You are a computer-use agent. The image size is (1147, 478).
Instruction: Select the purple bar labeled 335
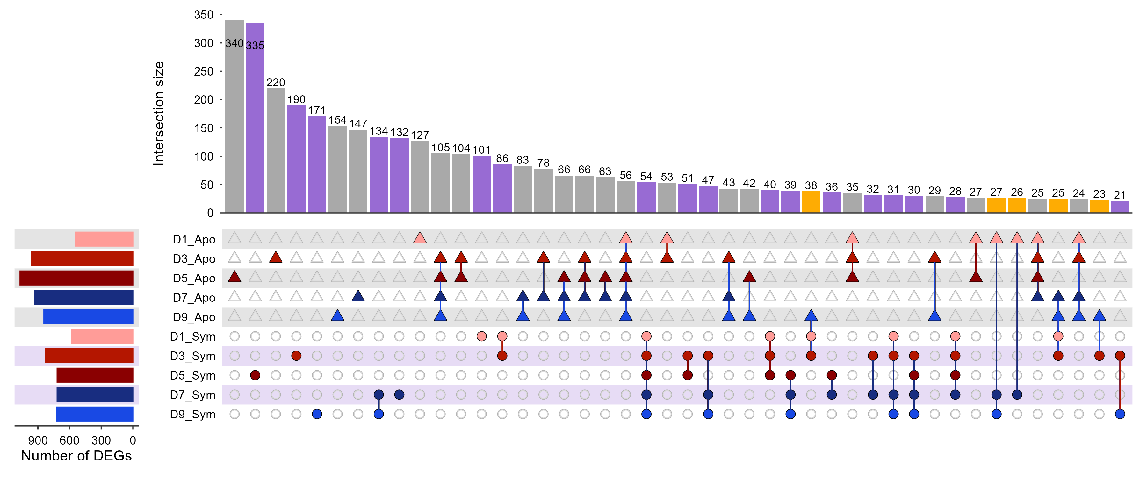pyautogui.click(x=255, y=118)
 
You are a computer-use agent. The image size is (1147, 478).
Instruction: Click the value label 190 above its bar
pyautogui.click(x=296, y=99)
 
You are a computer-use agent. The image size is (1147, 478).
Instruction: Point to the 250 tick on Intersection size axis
pyautogui.click(x=204, y=72)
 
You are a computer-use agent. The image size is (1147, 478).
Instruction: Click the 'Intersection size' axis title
pyautogui.click(x=159, y=113)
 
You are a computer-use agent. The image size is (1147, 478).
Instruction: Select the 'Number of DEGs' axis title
pyautogui.click(x=76, y=456)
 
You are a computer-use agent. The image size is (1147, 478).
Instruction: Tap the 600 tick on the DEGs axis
pyautogui.click(x=69, y=441)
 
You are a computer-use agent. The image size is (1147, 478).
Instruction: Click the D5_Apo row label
pyautogui.click(x=194, y=279)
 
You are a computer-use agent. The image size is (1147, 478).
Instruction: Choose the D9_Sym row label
pyautogui.click(x=192, y=414)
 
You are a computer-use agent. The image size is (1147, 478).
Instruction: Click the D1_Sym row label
pyautogui.click(x=192, y=337)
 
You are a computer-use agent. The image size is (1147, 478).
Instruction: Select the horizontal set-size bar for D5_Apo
pyautogui.click(x=76, y=278)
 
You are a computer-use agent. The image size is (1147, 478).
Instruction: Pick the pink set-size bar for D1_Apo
pyautogui.click(x=104, y=239)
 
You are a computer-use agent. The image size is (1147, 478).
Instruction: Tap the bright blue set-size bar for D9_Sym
pyautogui.click(x=95, y=414)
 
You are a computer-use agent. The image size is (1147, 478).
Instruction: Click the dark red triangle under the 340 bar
pyautogui.click(x=234, y=277)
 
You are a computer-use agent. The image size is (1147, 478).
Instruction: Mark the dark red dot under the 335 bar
pyautogui.click(x=255, y=375)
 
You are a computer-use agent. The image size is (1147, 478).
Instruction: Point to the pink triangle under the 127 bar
pyautogui.click(x=420, y=238)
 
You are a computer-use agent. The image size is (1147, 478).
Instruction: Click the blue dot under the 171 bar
pyautogui.click(x=317, y=414)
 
